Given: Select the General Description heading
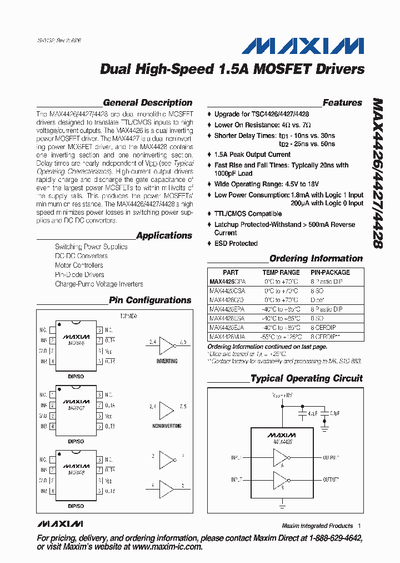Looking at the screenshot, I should coord(148,103).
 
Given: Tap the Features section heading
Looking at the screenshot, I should coord(342,103).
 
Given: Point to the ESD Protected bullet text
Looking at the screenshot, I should coord(236,244).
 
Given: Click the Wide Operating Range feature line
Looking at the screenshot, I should coord(267,184).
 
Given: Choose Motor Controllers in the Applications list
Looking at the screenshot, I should coord(79,265).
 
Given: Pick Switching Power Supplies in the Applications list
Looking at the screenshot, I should coord(91,246).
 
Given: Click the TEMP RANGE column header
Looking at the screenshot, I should coord(281,273).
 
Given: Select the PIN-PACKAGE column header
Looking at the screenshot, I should coord(331,273).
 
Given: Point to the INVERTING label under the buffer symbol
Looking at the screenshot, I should coord(167,361).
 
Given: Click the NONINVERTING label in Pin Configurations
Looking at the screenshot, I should coord(167,426).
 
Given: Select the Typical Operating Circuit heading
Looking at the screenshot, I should coord(306,378).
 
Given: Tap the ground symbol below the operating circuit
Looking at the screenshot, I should coord(282,506).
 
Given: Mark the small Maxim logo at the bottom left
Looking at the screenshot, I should coord(60,524).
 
